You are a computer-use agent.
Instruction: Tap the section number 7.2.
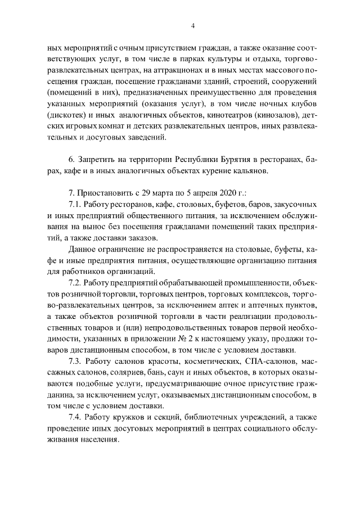point(75,281)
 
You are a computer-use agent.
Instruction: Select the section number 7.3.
point(75,360)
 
